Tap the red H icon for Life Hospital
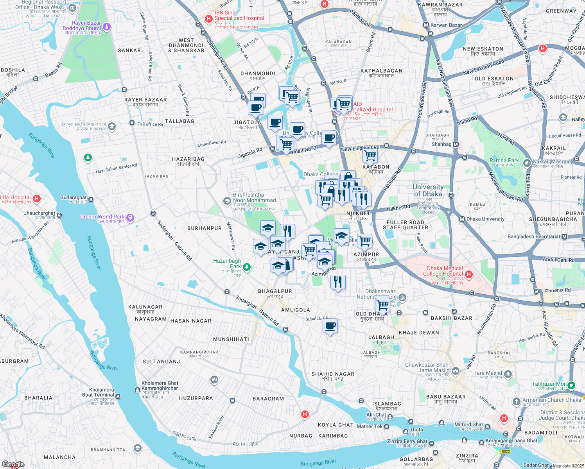37,199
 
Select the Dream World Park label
102,217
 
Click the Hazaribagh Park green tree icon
246,267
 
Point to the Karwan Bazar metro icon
426,25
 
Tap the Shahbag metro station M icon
456,145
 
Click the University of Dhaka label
428,190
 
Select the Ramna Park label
504,161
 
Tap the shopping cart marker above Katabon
370,156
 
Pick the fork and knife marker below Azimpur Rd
338,282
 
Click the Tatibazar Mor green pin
571,385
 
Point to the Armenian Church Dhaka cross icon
516,401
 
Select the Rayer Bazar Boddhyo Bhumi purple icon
107,27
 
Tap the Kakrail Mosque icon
527,162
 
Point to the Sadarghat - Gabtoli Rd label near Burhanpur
174,240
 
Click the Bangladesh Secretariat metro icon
564,237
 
